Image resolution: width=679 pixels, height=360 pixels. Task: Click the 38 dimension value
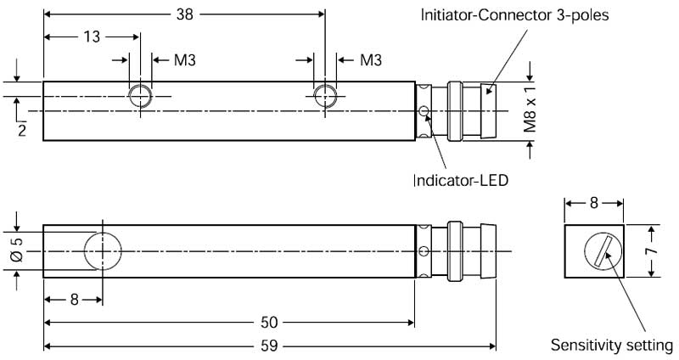point(184,14)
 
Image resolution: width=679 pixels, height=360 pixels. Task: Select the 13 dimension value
point(92,37)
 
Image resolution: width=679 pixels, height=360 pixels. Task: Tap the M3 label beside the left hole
point(185,59)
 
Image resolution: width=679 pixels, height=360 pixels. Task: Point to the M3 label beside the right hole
point(371,59)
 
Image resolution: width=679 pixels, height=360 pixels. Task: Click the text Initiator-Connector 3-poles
point(515,15)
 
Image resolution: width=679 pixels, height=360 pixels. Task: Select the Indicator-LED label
point(461,180)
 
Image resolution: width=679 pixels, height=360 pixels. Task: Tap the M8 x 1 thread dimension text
point(530,109)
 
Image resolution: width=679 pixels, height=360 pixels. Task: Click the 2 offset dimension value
point(22,130)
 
